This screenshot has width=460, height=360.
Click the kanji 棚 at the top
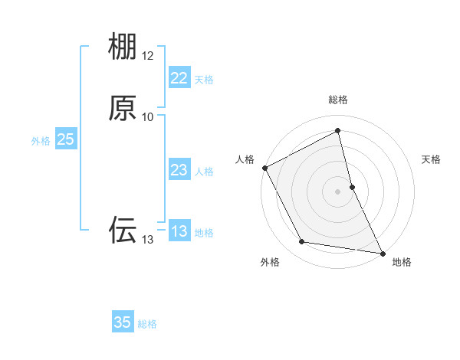(123, 47)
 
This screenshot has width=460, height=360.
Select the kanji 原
(123, 108)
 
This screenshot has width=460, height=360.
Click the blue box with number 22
(179, 78)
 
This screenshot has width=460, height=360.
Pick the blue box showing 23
(179, 170)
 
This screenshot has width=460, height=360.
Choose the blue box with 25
(65, 139)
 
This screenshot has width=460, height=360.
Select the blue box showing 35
(123, 322)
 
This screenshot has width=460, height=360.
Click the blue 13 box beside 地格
(179, 231)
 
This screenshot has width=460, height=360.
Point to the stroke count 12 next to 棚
(148, 56)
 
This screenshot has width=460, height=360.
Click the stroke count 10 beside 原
(148, 117)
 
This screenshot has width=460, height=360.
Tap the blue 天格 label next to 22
(204, 80)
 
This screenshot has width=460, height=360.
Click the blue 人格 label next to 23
(204, 172)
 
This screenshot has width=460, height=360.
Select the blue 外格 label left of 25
(40, 141)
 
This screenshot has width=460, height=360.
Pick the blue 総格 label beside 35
(147, 324)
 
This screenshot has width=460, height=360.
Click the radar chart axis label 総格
(338, 100)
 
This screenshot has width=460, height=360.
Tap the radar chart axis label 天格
(432, 159)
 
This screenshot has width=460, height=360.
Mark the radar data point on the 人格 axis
(264, 168)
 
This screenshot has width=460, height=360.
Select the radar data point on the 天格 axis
(352, 186)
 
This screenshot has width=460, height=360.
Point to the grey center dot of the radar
(338, 191)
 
